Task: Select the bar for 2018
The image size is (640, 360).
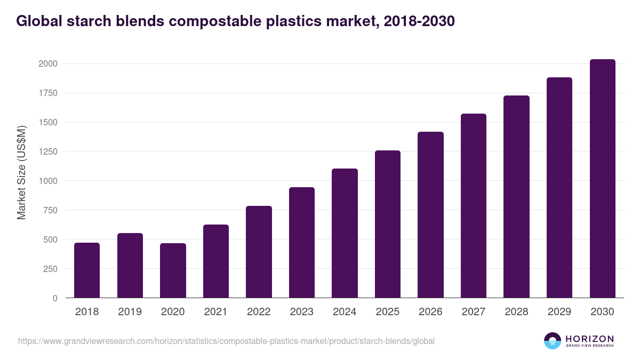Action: point(87,270)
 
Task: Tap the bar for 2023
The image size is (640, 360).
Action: point(302,243)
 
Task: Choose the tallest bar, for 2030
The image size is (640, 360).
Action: point(602,179)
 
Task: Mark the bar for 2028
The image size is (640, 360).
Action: point(516,197)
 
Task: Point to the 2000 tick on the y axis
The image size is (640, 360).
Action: point(47,64)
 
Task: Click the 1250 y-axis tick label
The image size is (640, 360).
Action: point(47,151)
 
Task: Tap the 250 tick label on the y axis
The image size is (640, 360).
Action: point(50,269)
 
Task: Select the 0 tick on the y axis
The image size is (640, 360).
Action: point(55,298)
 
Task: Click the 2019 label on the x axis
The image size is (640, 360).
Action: point(130,312)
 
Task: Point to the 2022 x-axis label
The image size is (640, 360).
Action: point(259,312)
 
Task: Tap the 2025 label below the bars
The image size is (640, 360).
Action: point(388,312)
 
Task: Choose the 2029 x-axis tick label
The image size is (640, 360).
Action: point(559,312)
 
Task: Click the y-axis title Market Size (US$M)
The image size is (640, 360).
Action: point(22,172)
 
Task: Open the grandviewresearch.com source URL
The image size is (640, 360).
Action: point(226,341)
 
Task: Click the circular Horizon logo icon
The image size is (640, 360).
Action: point(553,341)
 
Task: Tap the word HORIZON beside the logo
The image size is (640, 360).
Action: point(589,338)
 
